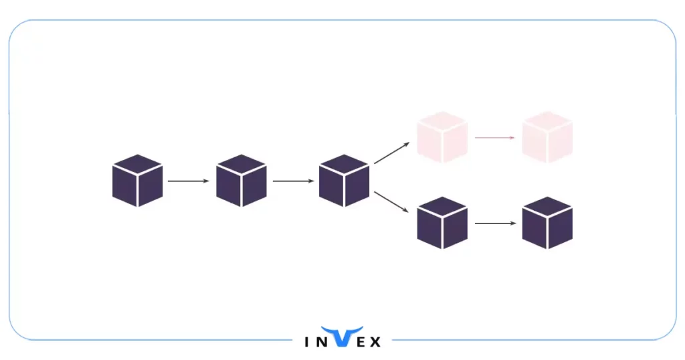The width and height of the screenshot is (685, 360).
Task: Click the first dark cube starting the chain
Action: point(137,181)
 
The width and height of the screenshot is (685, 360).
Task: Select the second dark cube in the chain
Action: point(241,181)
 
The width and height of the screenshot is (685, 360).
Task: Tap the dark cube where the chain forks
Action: point(345,181)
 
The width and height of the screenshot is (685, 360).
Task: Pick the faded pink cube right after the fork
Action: point(442,138)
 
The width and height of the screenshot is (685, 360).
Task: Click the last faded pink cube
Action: point(547,138)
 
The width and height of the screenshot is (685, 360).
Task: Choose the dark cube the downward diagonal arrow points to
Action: point(442,223)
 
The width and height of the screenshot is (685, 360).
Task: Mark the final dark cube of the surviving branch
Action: point(547,223)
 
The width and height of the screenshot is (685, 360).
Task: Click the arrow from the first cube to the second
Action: point(189,181)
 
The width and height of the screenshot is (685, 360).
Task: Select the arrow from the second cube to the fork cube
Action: point(293,181)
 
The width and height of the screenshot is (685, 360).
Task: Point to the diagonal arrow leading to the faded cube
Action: point(393,153)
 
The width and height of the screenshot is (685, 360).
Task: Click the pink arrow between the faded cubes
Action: point(494,138)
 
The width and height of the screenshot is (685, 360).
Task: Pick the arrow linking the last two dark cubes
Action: point(494,223)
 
